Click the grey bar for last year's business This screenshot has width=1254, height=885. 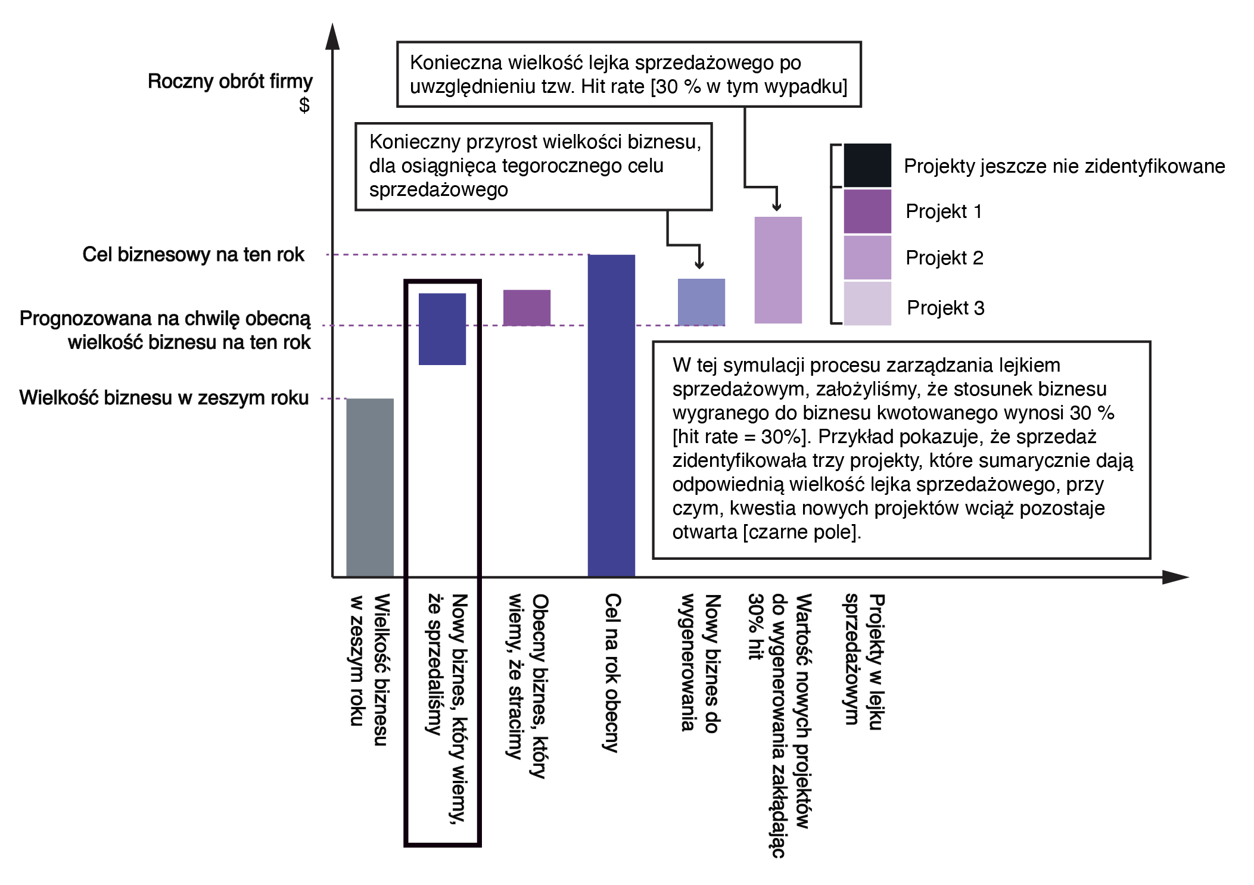coord(369,487)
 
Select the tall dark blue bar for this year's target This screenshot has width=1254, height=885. coord(611,415)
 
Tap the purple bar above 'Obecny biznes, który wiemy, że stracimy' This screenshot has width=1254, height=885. coord(527,307)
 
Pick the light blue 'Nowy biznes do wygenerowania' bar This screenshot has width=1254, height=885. coord(701,302)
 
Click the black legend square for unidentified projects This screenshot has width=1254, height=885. coord(867,166)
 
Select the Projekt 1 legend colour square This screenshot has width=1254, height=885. coord(867,211)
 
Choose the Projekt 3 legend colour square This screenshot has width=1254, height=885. coord(867,304)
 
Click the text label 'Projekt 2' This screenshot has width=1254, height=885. coord(944,258)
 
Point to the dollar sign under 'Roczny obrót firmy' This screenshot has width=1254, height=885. coord(304,105)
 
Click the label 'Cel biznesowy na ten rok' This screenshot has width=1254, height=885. coord(193,254)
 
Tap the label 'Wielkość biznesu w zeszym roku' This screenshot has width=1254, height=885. coord(164,397)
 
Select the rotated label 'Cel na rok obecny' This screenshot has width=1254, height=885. coord(612,673)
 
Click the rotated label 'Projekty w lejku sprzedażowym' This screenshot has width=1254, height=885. coord(863,661)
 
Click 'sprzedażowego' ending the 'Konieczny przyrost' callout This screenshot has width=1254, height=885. coord(438,189)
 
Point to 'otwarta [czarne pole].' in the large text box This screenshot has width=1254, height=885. coord(767,531)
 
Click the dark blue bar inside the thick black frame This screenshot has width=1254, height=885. coord(442,329)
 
